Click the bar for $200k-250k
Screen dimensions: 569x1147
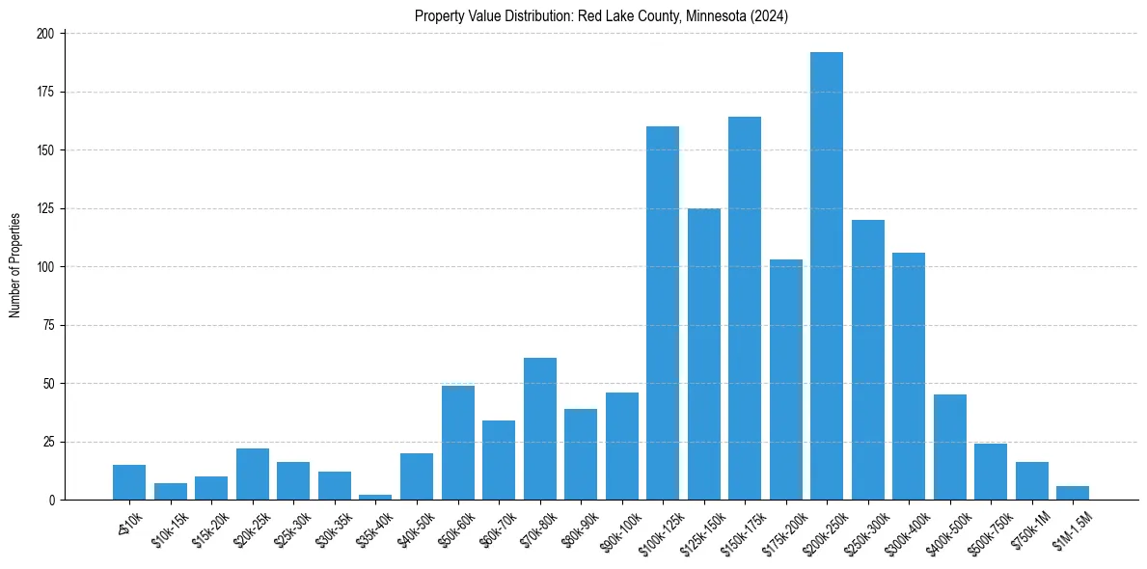[x=827, y=276]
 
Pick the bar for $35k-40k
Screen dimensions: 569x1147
[x=375, y=498]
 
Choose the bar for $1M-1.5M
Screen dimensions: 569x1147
[x=1073, y=493]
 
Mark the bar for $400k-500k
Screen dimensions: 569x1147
[x=950, y=447]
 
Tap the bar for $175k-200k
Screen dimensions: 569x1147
[x=786, y=380]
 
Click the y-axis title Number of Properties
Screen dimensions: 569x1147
[x=14, y=266]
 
